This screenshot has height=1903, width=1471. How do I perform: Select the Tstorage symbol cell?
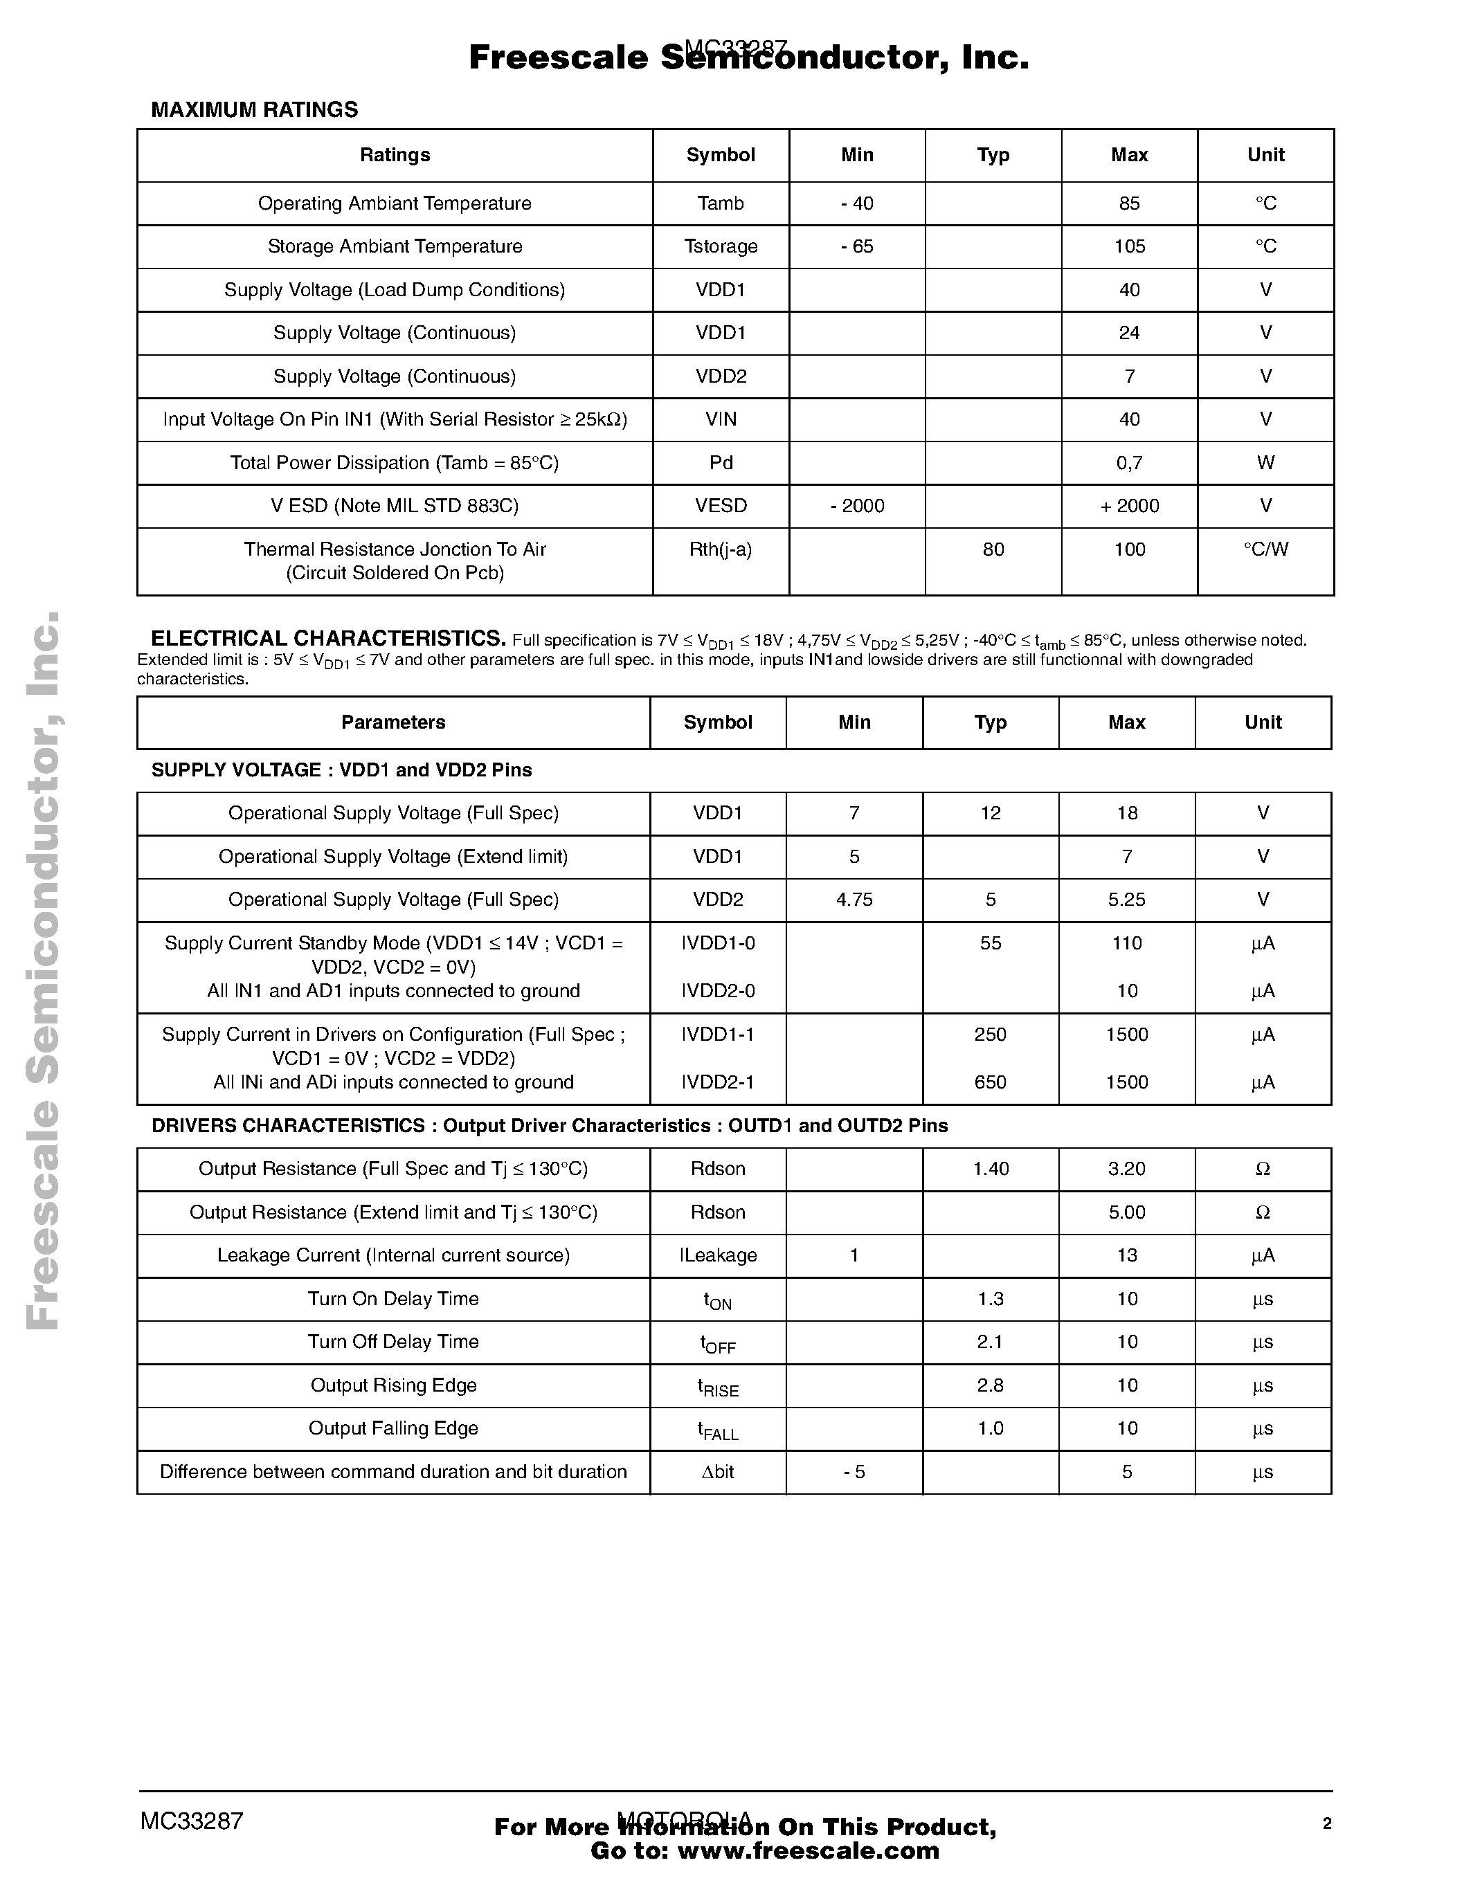[721, 246]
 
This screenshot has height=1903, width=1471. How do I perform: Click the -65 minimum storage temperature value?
[856, 246]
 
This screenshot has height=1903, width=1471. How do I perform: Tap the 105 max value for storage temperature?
[1130, 246]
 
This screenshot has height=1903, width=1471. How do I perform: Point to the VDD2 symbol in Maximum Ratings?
[721, 376]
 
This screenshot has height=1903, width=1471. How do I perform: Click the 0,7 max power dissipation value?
[1130, 463]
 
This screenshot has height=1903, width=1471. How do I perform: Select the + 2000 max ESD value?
[1130, 507]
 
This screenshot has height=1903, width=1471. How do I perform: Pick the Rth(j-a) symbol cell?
[721, 550]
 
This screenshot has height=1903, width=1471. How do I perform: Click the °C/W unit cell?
[1265, 550]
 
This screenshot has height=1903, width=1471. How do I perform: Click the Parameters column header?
[393, 722]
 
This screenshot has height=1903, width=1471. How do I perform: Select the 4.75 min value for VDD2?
[854, 900]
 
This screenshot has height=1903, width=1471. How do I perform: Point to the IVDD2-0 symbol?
[718, 992]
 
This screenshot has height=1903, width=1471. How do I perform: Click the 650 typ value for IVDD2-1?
[990, 1082]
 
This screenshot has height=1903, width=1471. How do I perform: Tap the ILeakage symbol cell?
[718, 1255]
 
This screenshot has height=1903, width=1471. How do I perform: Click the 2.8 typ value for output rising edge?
[990, 1385]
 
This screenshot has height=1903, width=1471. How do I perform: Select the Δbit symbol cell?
[718, 1472]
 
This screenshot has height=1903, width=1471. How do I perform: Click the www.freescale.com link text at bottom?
[808, 1850]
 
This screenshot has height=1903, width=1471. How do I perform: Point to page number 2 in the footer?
[1326, 1823]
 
